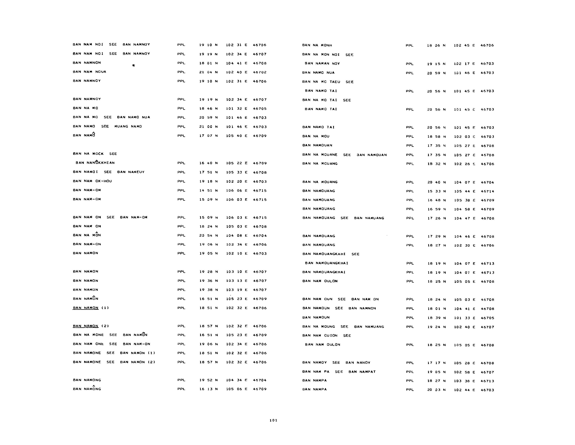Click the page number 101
point(273,420)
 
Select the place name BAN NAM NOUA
point(90,72)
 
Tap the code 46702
point(260,72)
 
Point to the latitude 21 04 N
point(208,72)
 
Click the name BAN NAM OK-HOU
point(92,181)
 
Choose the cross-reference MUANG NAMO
point(128,127)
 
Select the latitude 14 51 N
point(208,191)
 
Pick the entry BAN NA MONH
point(317,45)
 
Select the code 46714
point(487,191)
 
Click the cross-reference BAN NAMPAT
point(362,372)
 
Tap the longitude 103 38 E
point(464,381)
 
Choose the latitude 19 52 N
point(208,380)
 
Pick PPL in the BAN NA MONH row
point(409,46)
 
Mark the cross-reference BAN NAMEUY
point(131,172)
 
